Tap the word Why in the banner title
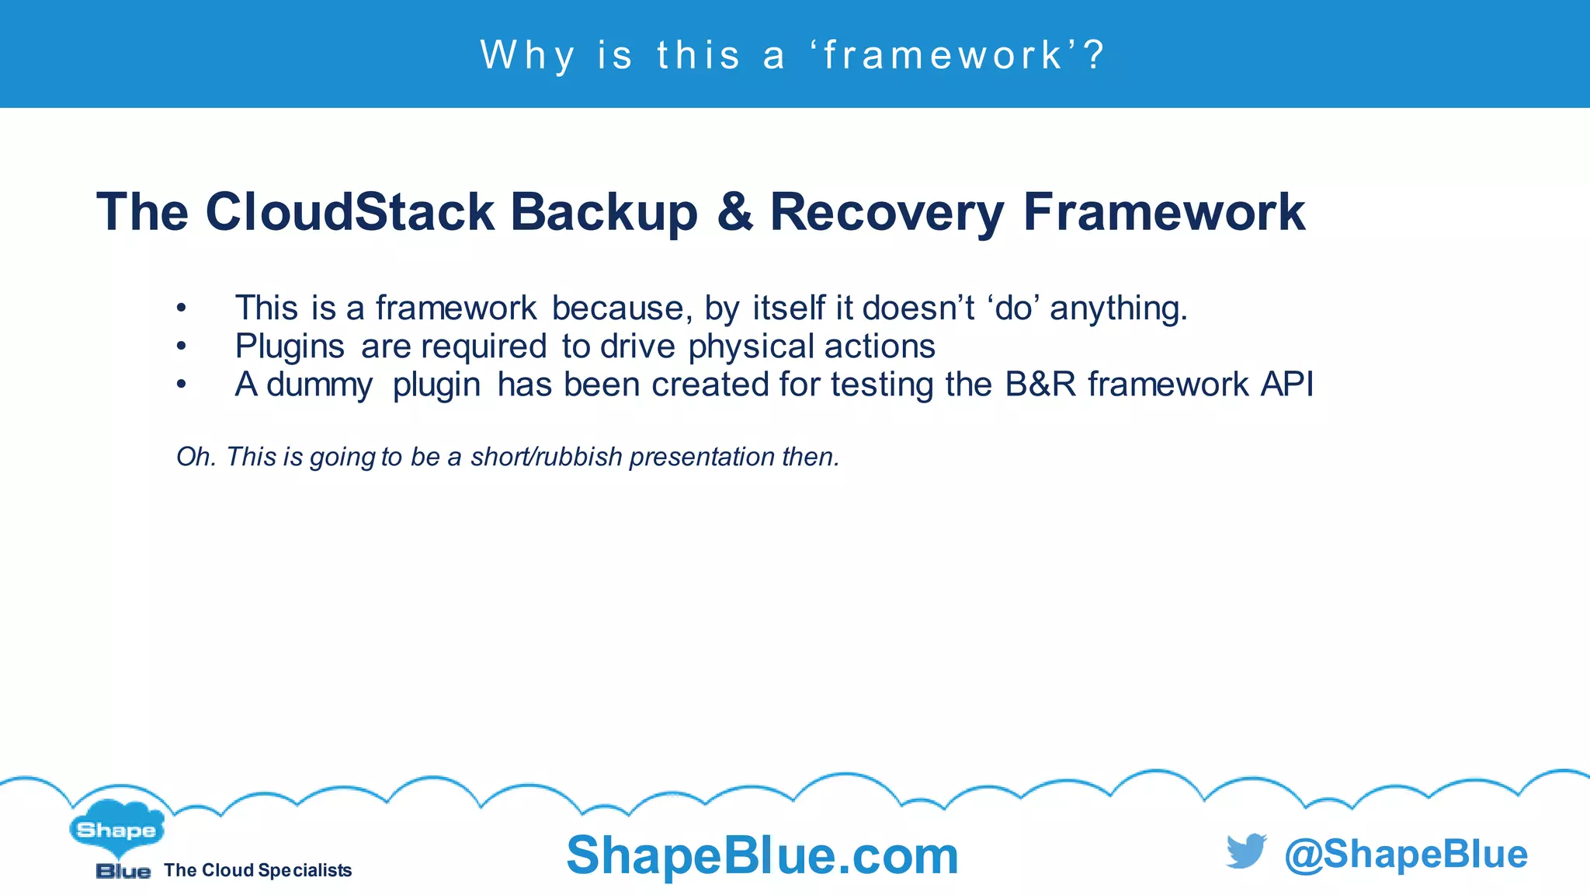(x=528, y=55)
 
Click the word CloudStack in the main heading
(x=350, y=211)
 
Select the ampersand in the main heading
(x=735, y=211)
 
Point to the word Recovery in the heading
(x=887, y=213)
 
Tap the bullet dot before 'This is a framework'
(x=181, y=308)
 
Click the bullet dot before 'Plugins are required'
(x=181, y=347)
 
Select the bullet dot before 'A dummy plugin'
(x=181, y=385)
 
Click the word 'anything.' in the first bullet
(x=1119, y=308)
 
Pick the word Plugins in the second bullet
(x=290, y=347)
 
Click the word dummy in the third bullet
(x=319, y=385)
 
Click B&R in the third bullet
(x=1040, y=384)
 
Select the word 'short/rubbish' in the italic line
(x=546, y=457)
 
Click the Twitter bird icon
(x=1246, y=851)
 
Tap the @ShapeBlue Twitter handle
(x=1405, y=854)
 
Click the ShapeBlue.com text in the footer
(x=762, y=855)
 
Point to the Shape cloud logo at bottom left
(x=116, y=830)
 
